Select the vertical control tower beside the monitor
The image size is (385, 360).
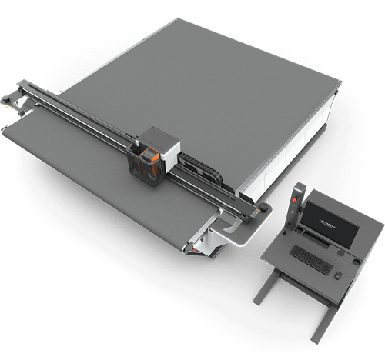click(296, 206)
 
